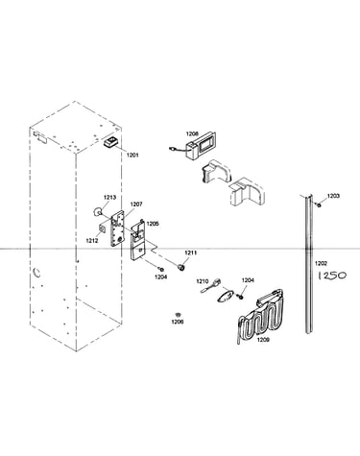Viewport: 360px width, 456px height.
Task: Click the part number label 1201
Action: (132, 156)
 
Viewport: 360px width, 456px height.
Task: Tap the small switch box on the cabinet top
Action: (110, 142)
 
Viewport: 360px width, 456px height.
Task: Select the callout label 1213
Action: (109, 198)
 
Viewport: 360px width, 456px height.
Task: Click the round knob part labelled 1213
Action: (97, 211)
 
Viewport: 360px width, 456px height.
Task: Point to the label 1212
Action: (91, 241)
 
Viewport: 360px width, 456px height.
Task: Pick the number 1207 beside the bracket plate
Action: (136, 204)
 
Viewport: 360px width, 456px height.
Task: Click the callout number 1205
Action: (153, 224)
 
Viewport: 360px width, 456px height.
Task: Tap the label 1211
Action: (191, 252)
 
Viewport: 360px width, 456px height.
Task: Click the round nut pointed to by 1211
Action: (181, 267)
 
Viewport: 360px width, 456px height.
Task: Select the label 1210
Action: (203, 281)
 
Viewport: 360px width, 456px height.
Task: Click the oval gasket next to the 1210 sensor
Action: (225, 296)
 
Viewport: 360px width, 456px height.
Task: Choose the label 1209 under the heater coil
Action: (263, 340)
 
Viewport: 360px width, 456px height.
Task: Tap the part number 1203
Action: (333, 196)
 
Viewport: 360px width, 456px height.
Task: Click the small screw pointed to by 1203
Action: (319, 204)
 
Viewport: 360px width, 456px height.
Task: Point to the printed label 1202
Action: (321, 263)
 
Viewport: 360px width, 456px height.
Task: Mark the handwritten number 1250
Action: (331, 276)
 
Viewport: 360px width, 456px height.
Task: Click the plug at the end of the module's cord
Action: (172, 148)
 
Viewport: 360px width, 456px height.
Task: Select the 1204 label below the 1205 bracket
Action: (161, 277)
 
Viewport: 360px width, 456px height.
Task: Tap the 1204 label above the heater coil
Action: (248, 280)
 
